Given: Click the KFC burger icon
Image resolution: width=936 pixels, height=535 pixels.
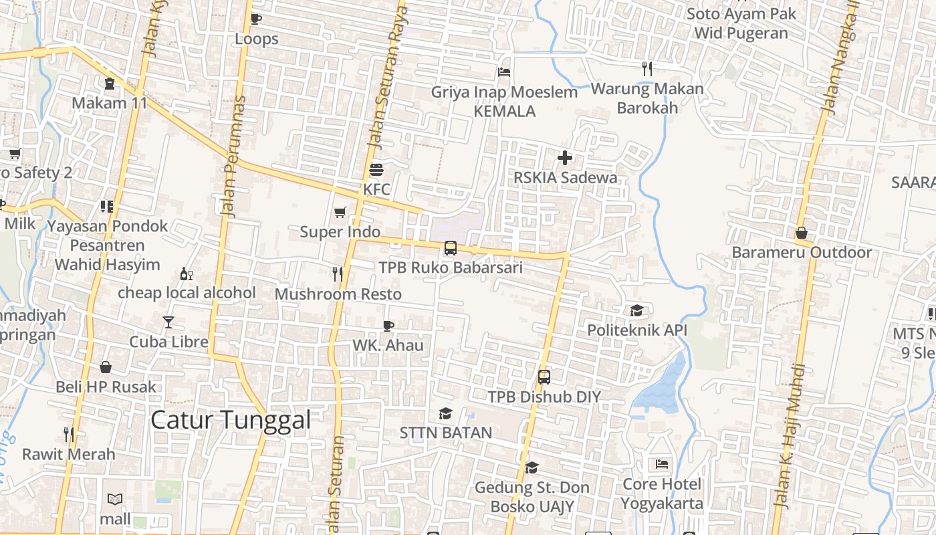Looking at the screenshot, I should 376,169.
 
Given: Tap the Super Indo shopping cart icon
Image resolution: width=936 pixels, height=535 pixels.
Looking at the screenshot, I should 340,213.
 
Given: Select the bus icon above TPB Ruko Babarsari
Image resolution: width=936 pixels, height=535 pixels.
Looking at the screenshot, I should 451,248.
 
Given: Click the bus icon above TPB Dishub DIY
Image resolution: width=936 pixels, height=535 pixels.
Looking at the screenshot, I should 544,377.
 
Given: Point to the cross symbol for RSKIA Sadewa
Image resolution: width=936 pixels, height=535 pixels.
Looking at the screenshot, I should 565,158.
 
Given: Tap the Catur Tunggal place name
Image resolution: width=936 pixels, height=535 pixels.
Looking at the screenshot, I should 231,420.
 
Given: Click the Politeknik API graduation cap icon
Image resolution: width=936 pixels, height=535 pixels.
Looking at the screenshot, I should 636,310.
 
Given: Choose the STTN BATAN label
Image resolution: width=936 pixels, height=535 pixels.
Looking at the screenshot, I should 446,433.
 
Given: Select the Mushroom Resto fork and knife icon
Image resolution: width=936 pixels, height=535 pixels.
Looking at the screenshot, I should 338,274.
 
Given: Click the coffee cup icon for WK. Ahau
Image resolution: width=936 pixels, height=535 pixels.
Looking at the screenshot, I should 388,326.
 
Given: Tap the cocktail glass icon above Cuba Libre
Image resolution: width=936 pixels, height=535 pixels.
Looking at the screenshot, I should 168,322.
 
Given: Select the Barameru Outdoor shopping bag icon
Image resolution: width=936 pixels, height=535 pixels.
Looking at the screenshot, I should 801,233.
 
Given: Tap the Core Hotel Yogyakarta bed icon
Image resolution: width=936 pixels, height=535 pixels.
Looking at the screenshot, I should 662,463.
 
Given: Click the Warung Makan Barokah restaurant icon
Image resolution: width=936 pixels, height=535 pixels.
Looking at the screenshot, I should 647,68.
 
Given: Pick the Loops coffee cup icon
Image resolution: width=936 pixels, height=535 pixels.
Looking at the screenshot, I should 255,19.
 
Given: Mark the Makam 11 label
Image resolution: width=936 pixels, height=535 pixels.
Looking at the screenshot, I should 109,103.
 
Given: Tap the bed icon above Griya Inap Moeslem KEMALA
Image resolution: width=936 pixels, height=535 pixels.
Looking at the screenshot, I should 504,72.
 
